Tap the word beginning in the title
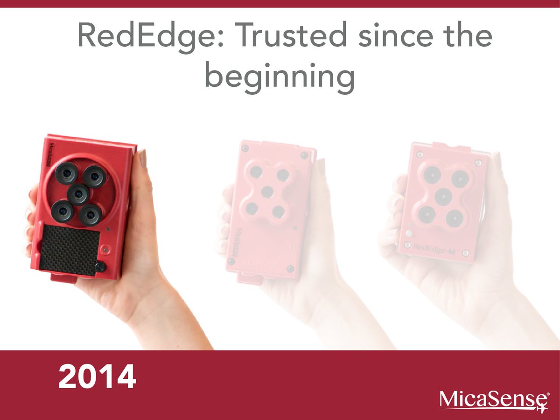(x=280, y=77)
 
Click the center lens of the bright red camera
(x=78, y=193)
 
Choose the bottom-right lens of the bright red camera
(x=91, y=215)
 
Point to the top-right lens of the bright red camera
(x=95, y=177)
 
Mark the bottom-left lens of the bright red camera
(x=62, y=211)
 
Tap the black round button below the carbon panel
(x=100, y=267)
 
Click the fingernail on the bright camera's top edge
(x=143, y=158)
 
